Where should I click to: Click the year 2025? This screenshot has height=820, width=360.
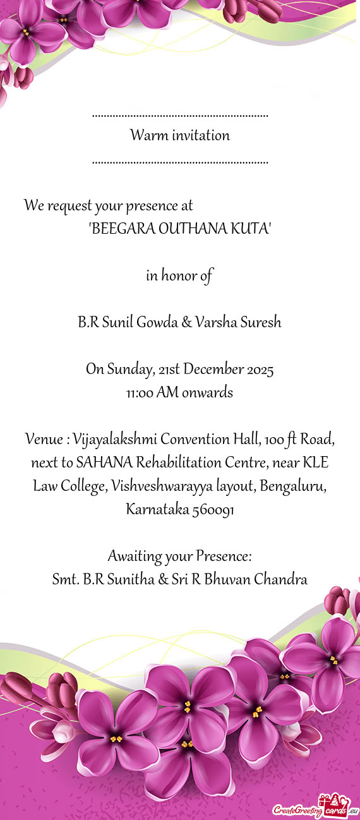[261, 370]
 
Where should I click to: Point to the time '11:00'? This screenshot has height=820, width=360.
[140, 394]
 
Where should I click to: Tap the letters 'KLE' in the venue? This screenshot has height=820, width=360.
[315, 463]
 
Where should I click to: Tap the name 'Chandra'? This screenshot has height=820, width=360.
[280, 579]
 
